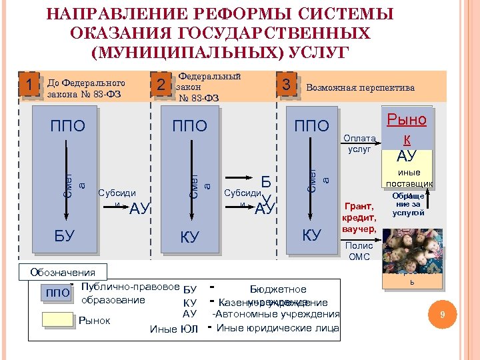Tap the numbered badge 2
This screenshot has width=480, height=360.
(159, 85)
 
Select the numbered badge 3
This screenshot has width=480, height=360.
(285, 85)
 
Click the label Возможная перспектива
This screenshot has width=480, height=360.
(360, 88)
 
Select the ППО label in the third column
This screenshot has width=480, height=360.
(312, 126)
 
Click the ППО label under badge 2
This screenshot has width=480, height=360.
(190, 126)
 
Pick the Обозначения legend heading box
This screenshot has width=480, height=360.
(63, 271)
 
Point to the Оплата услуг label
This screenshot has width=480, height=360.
(359, 143)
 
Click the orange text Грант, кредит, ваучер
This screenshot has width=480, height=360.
(359, 218)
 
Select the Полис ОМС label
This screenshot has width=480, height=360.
(359, 251)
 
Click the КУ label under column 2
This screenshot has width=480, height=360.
(190, 237)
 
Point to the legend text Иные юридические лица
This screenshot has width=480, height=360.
(277, 328)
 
